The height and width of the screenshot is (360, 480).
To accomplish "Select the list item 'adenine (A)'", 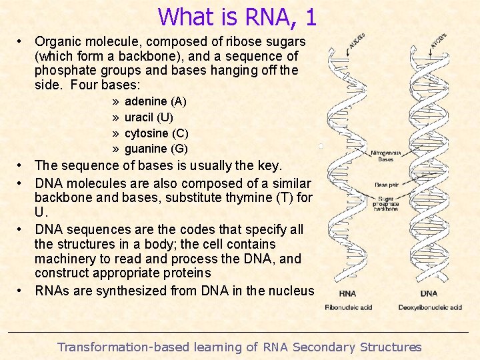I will [x=155, y=101].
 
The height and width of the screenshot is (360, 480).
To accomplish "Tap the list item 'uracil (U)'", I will [x=149, y=117].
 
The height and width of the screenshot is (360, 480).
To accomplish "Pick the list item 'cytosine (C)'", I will [x=157, y=133].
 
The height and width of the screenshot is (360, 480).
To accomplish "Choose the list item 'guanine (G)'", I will [x=156, y=149].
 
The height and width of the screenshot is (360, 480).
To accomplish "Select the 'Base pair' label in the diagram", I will [x=386, y=185].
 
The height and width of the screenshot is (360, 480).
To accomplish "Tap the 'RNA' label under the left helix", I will [x=347, y=293].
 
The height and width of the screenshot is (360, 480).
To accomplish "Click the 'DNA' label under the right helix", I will [x=429, y=293].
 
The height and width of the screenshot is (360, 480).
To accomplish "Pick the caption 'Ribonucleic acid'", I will [x=348, y=307].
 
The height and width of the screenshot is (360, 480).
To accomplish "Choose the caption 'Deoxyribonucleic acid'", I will [x=430, y=307].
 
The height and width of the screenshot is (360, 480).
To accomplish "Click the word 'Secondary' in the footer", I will [x=324, y=347].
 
